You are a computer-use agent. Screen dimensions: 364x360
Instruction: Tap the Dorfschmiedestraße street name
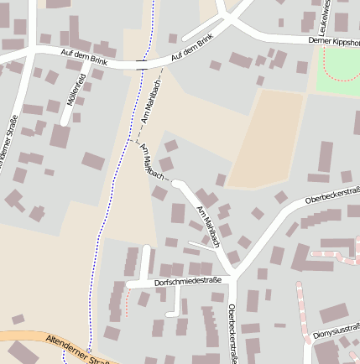(x=188, y=283)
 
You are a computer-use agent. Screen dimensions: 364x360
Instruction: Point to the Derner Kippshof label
(x=333, y=40)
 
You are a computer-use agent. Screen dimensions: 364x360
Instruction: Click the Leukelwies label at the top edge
(x=342, y=14)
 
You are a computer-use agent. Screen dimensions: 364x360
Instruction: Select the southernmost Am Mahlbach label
(x=207, y=226)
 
